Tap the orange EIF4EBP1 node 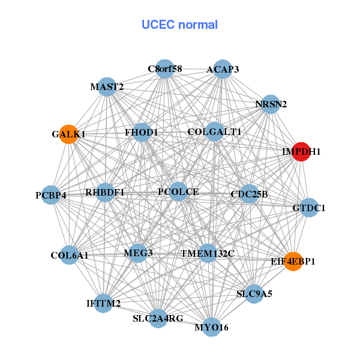coord(293,261)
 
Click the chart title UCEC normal coord(179,25)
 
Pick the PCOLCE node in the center coord(178,192)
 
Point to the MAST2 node coord(106,87)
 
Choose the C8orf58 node coord(164,68)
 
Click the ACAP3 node coord(223,69)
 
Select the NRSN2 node coord(271,104)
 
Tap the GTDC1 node coord(308,208)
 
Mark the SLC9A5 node coord(254,294)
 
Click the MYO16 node coord(211,327)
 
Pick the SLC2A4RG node coord(158,318)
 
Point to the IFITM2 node coord(103,304)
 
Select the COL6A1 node coord(70,255)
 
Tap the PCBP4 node coord(51,195)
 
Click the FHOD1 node coord(142,132)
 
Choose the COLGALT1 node coord(214,131)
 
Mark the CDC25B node coord(249,194)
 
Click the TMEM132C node coord(208,253)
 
